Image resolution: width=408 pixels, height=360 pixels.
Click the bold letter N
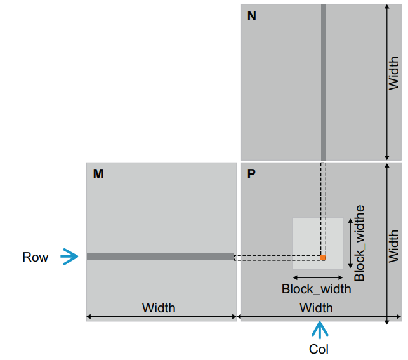[252, 16]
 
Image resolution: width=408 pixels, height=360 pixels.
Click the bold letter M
[98, 173]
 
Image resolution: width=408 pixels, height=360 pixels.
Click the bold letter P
[252, 173]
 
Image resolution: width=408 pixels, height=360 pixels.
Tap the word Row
[35, 257]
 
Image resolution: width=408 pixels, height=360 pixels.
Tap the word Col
[319, 349]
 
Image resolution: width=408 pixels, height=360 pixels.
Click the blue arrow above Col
[319, 330]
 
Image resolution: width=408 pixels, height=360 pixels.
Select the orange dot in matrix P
[323, 257]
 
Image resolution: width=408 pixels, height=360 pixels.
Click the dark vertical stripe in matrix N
[324, 83]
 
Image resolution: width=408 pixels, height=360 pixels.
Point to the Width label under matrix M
[159, 308]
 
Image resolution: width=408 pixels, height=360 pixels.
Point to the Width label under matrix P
[316, 308]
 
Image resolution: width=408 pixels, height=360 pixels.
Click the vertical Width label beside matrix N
[394, 73]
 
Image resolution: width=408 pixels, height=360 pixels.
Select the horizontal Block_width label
[316, 289]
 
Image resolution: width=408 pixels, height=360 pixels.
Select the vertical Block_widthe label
[360, 243]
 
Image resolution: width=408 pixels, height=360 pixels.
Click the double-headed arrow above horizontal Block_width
[317, 277]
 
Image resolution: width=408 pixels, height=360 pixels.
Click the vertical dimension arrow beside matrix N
[386, 82]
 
